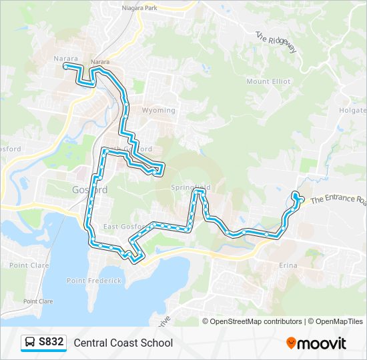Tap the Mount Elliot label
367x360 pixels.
coord(268,81)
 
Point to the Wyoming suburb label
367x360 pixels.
coord(159,111)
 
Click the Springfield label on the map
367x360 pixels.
coord(190,187)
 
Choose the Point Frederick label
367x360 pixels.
coord(94,281)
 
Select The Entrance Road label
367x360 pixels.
coord(338,199)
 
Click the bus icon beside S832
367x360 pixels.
coord(29,343)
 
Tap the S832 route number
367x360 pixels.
coord(51,343)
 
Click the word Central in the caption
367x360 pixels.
coord(92,343)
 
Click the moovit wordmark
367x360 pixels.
coord(322,343)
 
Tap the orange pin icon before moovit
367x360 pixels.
coord(291,343)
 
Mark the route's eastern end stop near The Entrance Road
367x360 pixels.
coord(295,195)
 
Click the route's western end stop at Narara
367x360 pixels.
coord(65,66)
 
